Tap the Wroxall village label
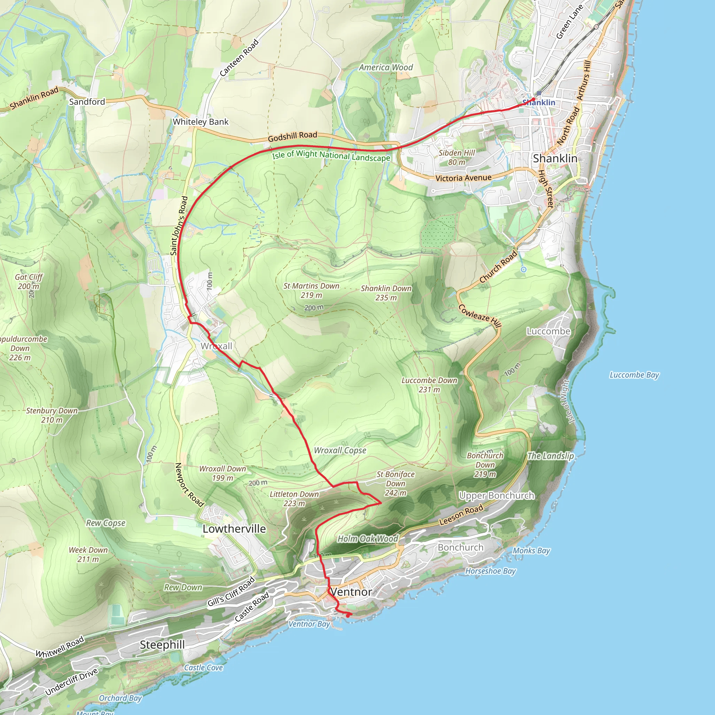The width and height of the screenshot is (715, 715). point(216,346)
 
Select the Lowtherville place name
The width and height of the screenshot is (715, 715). point(234,529)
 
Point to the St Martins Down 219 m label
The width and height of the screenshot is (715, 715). point(311,290)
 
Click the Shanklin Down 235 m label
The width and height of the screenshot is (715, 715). point(386,293)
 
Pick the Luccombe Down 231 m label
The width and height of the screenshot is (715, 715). point(429,385)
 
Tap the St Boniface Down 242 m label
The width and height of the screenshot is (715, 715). point(396,483)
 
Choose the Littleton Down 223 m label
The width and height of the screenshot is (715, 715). point(294,499)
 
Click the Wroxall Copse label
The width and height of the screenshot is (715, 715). point(340,450)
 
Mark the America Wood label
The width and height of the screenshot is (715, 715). point(386,67)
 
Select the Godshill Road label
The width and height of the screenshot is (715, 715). point(292,137)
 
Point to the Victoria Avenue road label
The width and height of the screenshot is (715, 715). point(463,178)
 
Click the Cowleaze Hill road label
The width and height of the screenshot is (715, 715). point(480,316)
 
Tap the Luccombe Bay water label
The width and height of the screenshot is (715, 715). point(634,375)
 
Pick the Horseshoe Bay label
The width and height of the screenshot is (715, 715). point(491,571)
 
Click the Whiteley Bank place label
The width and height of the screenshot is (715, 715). point(201,122)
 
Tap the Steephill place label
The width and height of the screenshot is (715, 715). point(162,645)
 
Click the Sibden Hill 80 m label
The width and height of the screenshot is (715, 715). point(457,157)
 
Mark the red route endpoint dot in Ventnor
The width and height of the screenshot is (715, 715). point(348,616)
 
